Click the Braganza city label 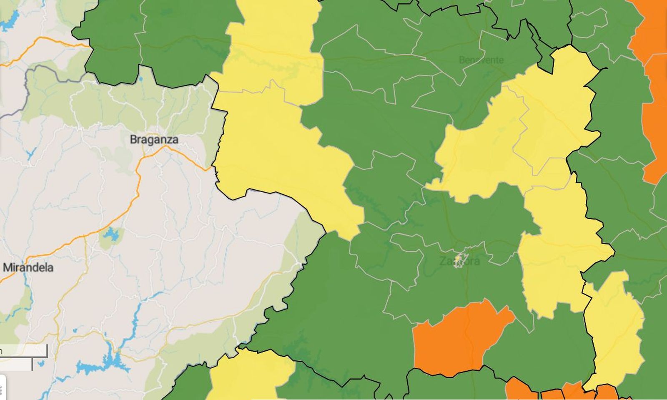pos(154,139)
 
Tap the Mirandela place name pos(28,267)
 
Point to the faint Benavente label pos(481,60)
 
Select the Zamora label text pos(459,262)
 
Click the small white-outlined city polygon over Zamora pos(460,260)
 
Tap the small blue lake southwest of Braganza pos(111,235)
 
